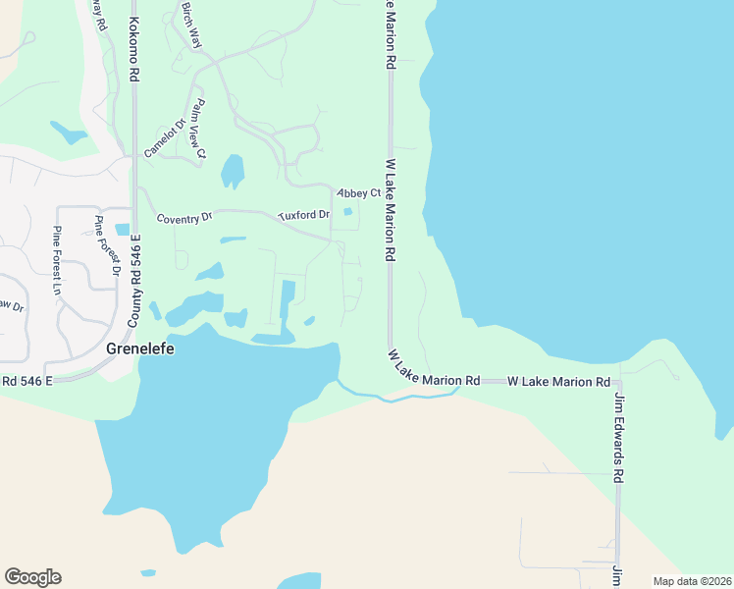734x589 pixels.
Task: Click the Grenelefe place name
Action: pyautogui.click(x=133, y=348)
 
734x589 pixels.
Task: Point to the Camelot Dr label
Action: pyautogui.click(x=165, y=137)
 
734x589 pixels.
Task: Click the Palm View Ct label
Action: pyautogui.click(x=200, y=127)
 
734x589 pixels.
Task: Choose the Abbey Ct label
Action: pyautogui.click(x=358, y=193)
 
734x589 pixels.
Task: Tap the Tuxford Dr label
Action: pyautogui.click(x=305, y=213)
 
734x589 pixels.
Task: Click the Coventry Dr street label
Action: pyautogui.click(x=185, y=218)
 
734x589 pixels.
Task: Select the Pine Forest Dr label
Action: pyautogui.click(x=107, y=245)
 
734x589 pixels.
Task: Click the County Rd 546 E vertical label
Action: pyautogui.click(x=137, y=281)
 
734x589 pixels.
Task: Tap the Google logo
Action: pyautogui.click(x=32, y=577)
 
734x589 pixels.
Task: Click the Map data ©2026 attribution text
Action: pyautogui.click(x=692, y=581)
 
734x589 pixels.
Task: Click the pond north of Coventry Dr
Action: pyautogui.click(x=233, y=171)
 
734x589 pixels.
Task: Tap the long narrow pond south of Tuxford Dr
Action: pyautogui.click(x=287, y=297)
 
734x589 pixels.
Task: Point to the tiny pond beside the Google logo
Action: pyautogui.click(x=148, y=572)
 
